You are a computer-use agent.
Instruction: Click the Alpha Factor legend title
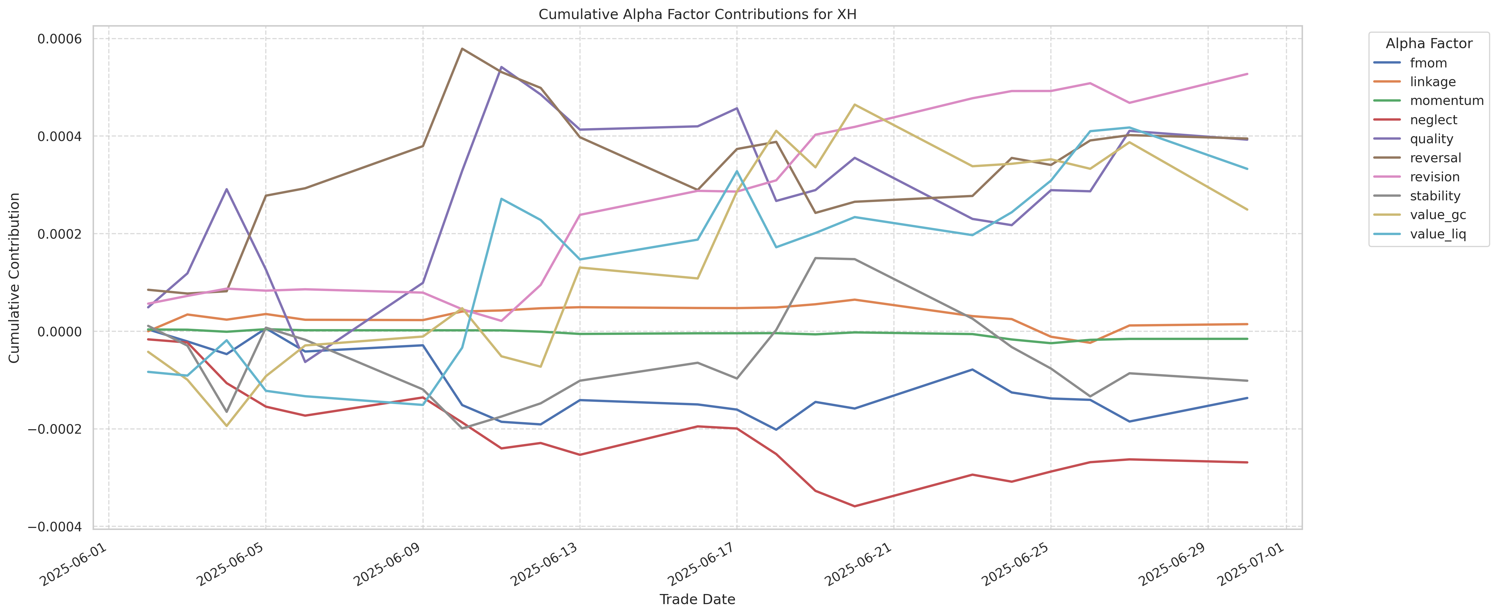pos(1429,44)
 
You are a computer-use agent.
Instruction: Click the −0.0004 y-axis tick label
pos(57,527)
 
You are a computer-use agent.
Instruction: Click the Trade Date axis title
pos(697,599)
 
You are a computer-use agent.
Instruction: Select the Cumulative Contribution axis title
pos(15,278)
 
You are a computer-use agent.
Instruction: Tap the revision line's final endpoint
pos(1247,74)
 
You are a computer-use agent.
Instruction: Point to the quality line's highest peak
pos(501,67)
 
